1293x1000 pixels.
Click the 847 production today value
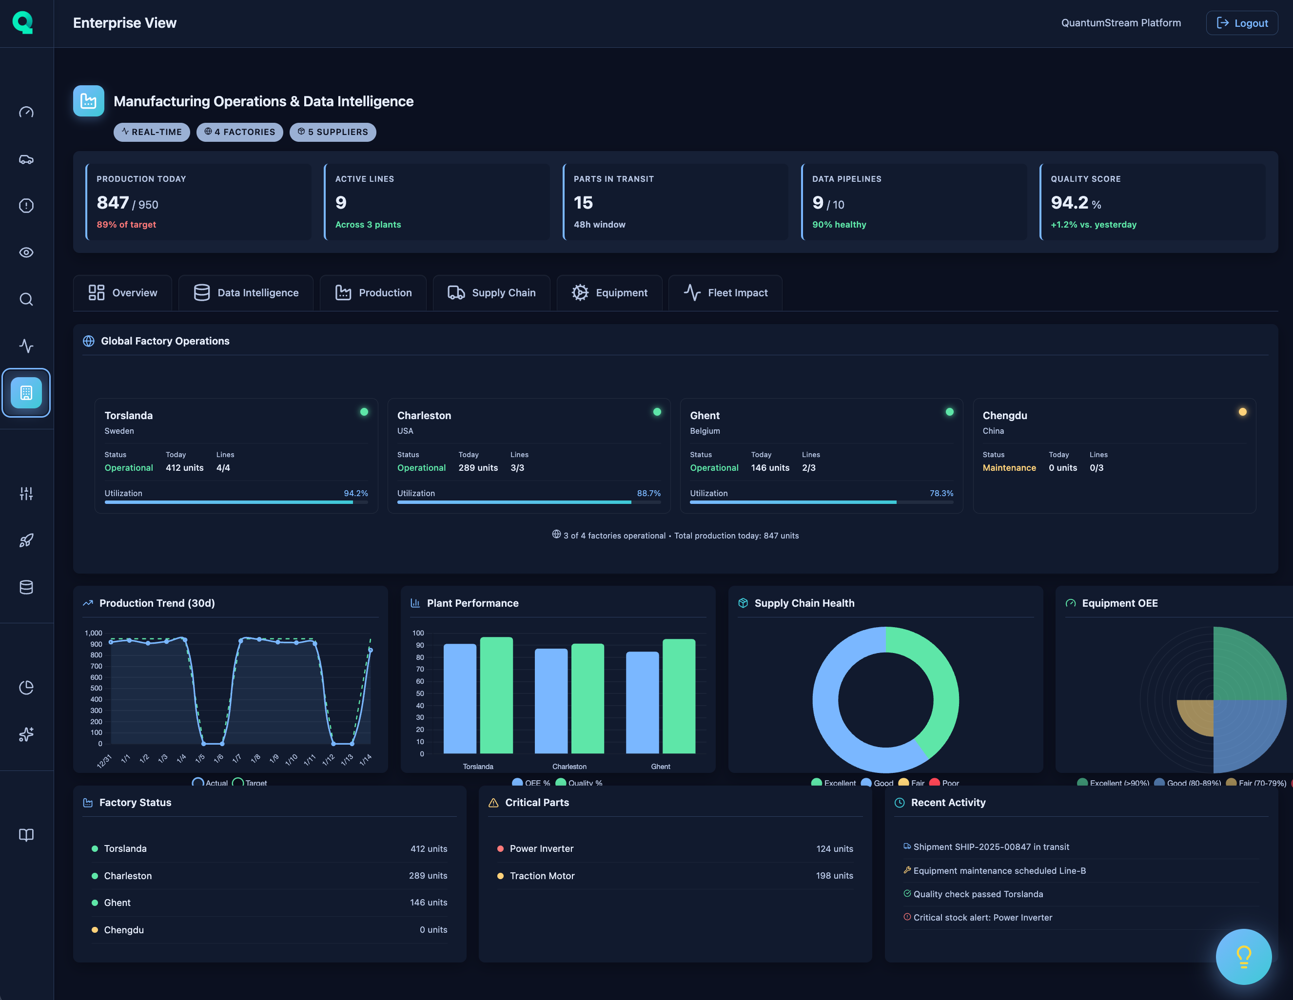coord(113,203)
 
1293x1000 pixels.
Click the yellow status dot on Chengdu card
coord(1242,412)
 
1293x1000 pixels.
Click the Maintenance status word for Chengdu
coord(1009,467)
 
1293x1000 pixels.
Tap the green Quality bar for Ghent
coord(679,696)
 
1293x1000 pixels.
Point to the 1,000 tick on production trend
coord(94,633)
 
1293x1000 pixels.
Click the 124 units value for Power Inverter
coord(834,848)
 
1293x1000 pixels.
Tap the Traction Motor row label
coord(542,876)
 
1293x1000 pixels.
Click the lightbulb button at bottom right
coord(1243,956)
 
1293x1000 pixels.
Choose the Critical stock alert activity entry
coord(982,918)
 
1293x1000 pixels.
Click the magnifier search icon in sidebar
coord(26,299)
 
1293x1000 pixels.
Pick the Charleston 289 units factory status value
coord(428,876)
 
